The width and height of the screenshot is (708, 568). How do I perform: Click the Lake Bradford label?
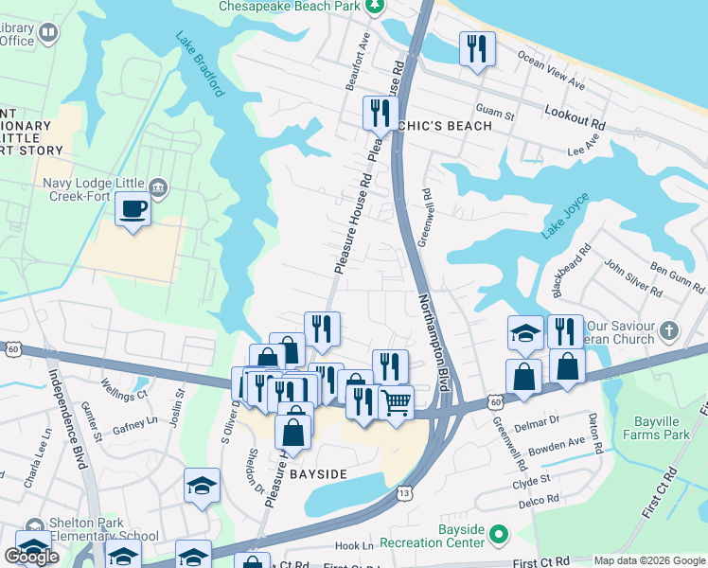(x=200, y=64)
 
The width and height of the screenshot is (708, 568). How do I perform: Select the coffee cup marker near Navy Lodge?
(x=133, y=208)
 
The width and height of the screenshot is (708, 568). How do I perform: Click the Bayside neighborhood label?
(x=319, y=472)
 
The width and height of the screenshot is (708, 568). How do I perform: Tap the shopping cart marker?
(x=396, y=401)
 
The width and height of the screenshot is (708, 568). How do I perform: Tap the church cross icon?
(x=670, y=330)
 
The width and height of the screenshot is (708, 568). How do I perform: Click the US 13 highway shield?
(x=404, y=492)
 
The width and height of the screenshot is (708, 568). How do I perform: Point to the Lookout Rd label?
(x=575, y=111)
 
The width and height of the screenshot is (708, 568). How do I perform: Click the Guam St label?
(x=495, y=115)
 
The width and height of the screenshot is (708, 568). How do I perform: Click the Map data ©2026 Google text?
(x=649, y=560)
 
